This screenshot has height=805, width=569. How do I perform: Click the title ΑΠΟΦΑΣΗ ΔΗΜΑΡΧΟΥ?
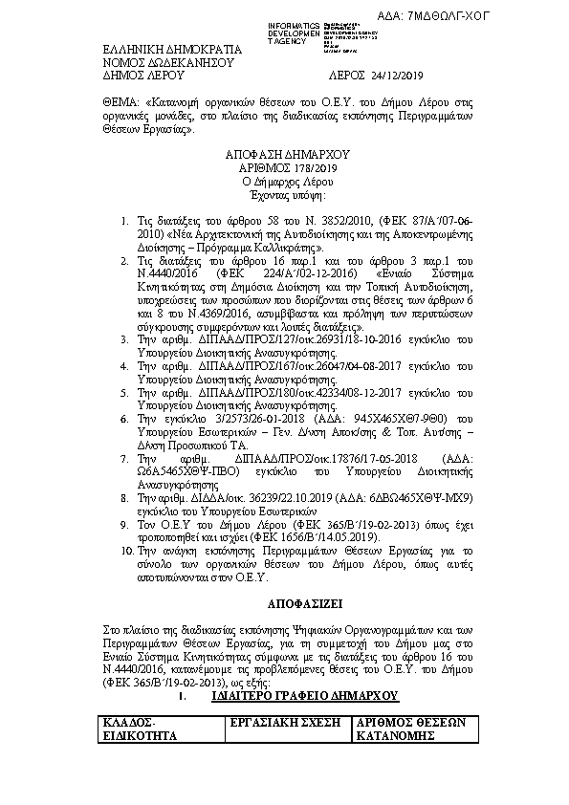click(x=288, y=153)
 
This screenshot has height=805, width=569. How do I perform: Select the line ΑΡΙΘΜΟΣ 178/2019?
click(x=288, y=166)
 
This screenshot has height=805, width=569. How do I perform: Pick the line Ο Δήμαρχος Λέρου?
click(x=288, y=180)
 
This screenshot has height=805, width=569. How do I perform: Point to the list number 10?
click(x=126, y=552)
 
